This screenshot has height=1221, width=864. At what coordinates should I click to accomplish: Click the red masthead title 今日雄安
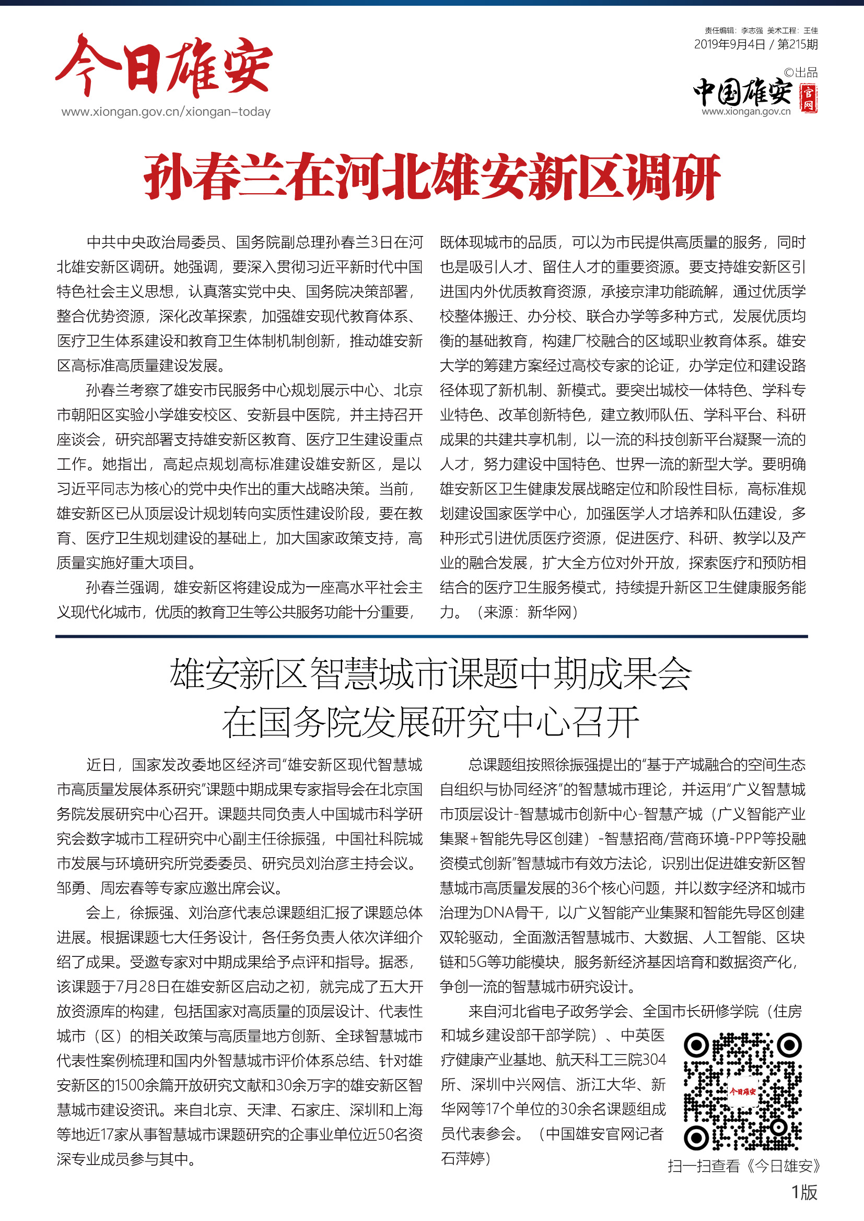164,66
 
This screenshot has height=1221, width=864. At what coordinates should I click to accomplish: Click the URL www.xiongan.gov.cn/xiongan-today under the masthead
166,112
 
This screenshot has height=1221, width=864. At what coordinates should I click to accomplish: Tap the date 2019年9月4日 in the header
729,45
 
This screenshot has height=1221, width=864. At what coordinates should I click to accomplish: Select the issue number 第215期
798,45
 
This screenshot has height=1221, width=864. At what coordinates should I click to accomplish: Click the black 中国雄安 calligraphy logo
743,92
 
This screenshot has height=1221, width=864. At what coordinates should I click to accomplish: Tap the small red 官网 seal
808,99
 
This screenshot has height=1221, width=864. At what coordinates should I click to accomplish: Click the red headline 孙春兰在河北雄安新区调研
431,176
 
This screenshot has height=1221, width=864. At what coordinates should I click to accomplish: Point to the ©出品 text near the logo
801,73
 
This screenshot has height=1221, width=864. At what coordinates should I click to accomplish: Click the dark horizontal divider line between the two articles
431,636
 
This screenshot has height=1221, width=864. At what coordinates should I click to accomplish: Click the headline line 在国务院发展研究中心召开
431,722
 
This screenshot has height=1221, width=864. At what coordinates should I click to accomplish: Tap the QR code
743,1091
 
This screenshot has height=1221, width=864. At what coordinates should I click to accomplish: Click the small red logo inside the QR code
743,1092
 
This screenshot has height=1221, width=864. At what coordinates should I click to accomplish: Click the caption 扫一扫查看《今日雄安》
744,1166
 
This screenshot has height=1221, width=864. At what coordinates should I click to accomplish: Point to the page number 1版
804,1192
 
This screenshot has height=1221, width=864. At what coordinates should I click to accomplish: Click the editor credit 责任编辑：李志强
733,31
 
